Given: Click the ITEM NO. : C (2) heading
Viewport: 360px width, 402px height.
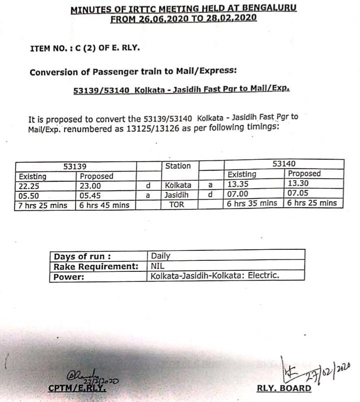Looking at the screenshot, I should tap(85, 48).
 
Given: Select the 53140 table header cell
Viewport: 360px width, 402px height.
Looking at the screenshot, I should tap(283, 164).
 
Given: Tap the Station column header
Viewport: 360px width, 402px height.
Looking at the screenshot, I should tap(178, 166).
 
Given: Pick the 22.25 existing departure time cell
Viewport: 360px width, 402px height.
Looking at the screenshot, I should tap(29, 186).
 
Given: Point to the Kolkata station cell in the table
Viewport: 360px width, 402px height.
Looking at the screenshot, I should tap(178, 185).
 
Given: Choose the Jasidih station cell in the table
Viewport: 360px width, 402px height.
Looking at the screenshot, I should tap(178, 195).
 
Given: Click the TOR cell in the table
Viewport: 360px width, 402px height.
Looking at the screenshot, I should tap(177, 204).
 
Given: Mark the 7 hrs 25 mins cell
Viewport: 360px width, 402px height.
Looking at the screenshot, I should tap(43, 205).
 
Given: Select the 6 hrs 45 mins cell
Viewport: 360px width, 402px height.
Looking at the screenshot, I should tap(104, 205).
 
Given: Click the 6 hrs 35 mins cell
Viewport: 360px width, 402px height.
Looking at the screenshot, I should tap(252, 203).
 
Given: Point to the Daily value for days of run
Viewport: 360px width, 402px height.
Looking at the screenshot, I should tap(160, 256).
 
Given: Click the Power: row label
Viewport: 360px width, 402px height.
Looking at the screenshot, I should tap(69, 276).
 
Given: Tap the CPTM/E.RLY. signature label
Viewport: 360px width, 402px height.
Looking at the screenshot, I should tap(77, 388).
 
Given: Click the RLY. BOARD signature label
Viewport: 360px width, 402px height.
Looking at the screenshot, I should tap(283, 388).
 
